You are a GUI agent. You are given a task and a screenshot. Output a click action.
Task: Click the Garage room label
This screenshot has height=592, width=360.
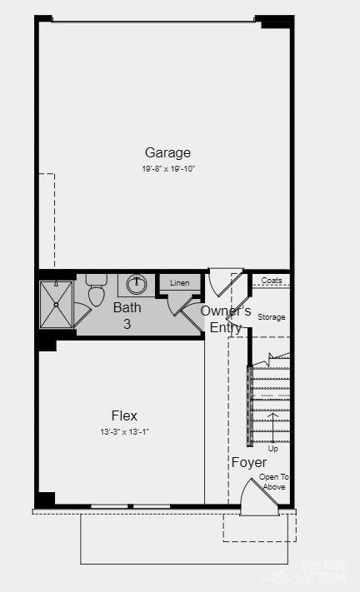pos(167,152)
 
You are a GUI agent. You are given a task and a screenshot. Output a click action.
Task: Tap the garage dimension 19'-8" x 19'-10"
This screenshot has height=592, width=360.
pos(167,168)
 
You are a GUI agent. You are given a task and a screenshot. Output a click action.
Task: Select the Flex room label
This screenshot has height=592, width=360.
pos(124,415)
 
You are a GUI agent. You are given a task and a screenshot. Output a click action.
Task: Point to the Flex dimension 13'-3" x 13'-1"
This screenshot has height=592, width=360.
pos(124,431)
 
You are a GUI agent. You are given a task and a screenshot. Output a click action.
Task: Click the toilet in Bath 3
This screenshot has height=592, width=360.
pos(96,291)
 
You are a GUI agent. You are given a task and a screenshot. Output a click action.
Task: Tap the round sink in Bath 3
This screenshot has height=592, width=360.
pos(137,285)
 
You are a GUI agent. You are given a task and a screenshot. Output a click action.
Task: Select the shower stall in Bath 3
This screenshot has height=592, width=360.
pos(57,305)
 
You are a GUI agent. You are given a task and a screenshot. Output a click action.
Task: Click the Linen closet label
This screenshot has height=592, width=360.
pos(180,283)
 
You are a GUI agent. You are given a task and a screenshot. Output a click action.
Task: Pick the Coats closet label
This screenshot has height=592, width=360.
pos(271,281)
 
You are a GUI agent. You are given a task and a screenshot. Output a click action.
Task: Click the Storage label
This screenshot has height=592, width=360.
pos(271,317)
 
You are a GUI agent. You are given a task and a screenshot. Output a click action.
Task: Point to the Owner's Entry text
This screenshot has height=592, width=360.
pos(226,319)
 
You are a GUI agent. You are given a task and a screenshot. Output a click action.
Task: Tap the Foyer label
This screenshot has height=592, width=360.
pos(249,463)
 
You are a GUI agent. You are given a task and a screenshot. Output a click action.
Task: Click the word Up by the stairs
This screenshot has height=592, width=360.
pos(272,448)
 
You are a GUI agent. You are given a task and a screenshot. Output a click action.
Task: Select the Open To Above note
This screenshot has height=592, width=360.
pos(273,482)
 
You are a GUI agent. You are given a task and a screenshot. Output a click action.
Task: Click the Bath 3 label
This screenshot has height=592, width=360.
pos(127,316)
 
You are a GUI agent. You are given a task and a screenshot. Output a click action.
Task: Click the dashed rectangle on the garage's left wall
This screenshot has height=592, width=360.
pos(46,221)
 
